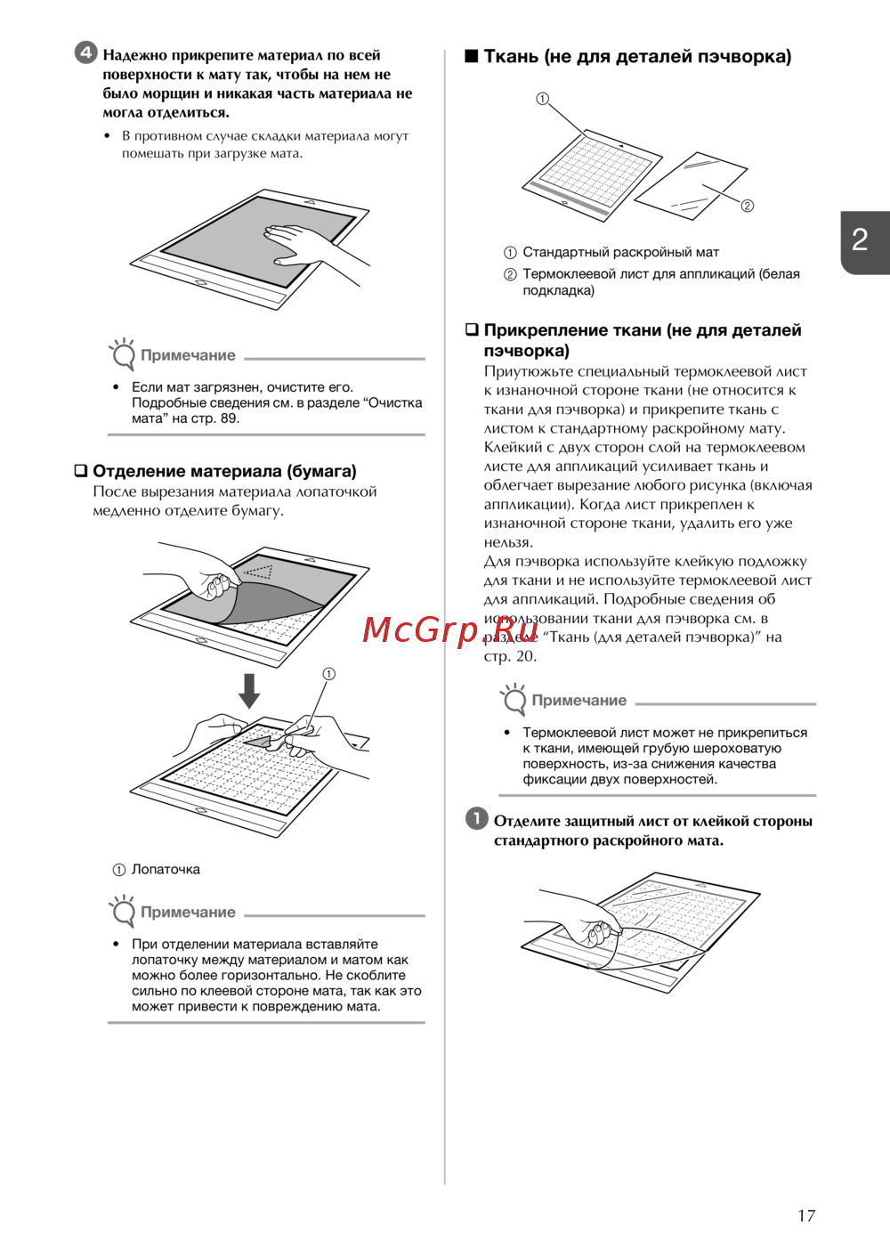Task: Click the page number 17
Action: [805, 1215]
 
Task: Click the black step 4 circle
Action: [85, 53]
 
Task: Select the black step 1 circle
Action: [477, 818]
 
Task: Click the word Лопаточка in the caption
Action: [166, 869]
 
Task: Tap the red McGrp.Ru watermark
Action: [450, 629]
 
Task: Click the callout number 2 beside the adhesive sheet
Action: [748, 206]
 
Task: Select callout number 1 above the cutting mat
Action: [542, 99]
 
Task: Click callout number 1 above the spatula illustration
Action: [328, 674]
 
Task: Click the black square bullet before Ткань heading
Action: [472, 56]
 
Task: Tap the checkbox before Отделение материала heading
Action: [81, 471]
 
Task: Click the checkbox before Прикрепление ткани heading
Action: [472, 330]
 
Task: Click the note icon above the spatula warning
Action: [122, 911]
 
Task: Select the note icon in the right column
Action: [514, 699]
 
